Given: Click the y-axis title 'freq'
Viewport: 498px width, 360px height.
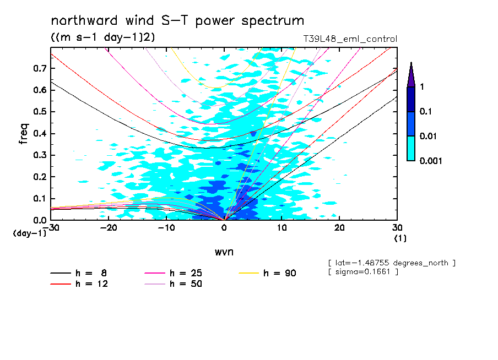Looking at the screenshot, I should click(x=24, y=134).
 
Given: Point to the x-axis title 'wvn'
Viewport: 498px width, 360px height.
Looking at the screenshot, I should click(x=224, y=252).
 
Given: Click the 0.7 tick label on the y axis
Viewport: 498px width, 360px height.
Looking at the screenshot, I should click(x=39, y=68).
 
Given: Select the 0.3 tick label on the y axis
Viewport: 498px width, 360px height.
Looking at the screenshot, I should click(x=39, y=155).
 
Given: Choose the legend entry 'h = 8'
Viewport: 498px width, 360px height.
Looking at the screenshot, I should click(x=83, y=273).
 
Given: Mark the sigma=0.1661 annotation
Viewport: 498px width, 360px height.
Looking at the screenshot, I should click(x=362, y=272).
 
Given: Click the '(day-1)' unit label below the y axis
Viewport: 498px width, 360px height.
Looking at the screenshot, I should click(x=29, y=233).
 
